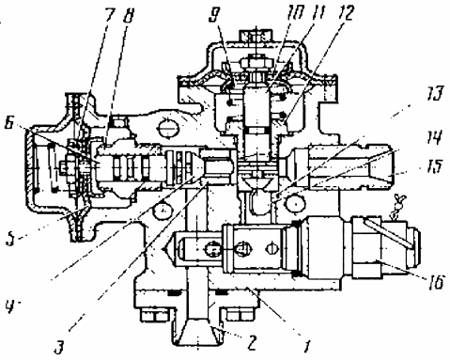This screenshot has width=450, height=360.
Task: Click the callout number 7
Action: [109, 15]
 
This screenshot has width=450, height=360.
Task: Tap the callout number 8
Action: [128, 16]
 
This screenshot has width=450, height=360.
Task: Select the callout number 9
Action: [214, 15]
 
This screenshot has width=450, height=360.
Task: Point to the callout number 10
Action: [296, 13]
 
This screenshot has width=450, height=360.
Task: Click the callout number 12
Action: [346, 13]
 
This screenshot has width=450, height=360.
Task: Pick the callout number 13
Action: [434, 94]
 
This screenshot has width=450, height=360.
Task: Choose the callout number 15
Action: [434, 165]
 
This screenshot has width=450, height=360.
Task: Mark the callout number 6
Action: [8, 123]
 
